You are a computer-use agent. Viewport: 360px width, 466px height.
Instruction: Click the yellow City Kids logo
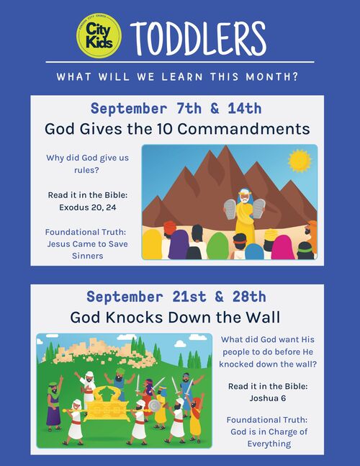coord(99,36)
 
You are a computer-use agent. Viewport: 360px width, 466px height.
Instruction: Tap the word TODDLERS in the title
coord(198,38)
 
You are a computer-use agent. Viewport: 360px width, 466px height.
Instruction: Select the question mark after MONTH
coord(295,76)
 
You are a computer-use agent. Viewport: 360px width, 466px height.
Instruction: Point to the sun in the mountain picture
coord(300,161)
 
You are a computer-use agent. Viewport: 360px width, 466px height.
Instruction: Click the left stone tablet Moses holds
coord(230,209)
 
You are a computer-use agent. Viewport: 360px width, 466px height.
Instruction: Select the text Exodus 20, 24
coord(87,207)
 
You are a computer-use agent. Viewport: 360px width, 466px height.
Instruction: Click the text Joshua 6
coord(268,398)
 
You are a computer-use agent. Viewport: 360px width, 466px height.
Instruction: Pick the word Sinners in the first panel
coord(88,256)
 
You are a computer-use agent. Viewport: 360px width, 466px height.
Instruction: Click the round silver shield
coord(154,406)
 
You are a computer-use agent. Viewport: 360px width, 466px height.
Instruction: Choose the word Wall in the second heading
coord(264,317)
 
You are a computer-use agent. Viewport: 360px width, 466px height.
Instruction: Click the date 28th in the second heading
coord(249,297)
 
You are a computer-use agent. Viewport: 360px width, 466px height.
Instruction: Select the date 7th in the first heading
coord(189,108)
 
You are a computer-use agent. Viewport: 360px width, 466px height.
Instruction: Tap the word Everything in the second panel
coord(269,444)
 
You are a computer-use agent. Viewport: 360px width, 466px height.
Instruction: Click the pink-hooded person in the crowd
coord(282,247)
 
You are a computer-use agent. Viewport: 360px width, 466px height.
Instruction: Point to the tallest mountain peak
coord(226,146)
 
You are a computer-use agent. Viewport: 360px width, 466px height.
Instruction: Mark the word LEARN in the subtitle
coord(182,76)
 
